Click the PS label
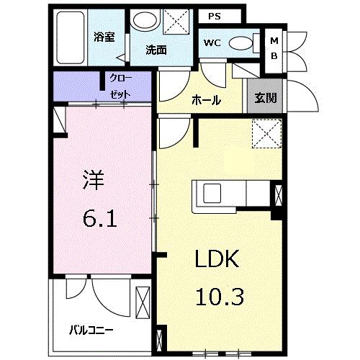coord(215,17)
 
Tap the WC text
coord(212,43)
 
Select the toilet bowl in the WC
coord(240,43)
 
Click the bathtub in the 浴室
coord(71,37)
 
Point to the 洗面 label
coord(156,50)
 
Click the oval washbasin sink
coord(145,22)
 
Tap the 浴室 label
coord(104,37)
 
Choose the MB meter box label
coord(274,48)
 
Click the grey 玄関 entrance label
coord(266,98)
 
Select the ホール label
coord(207,100)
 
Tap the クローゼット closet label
coord(120,86)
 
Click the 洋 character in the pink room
coord(94,180)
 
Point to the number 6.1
coord(100,219)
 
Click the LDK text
coord(217,258)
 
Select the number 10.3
coord(220,297)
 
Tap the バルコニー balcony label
coord(91,330)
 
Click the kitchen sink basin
coord(212,193)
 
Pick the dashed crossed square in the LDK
coord(266,134)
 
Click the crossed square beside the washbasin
coord(176,22)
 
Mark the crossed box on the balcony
coord(143,302)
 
